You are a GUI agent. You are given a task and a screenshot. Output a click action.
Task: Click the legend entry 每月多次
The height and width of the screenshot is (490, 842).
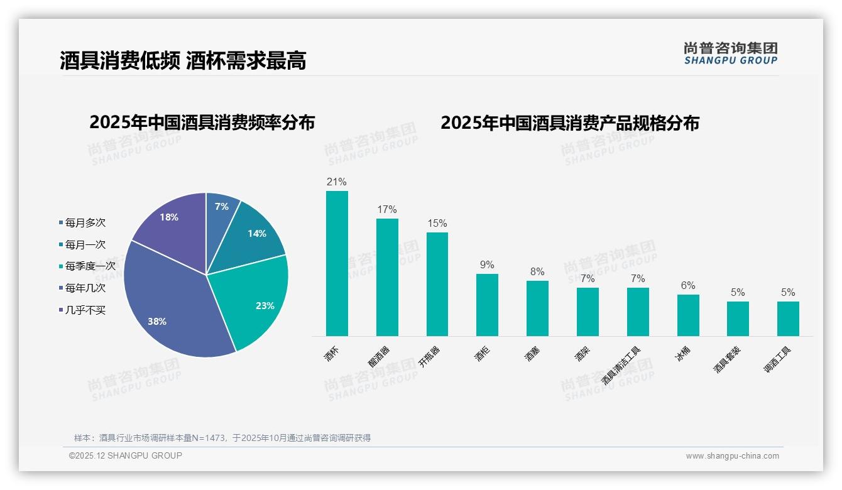pos(85,223)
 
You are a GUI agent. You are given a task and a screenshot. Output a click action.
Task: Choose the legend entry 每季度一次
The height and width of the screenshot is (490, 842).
pos(90,266)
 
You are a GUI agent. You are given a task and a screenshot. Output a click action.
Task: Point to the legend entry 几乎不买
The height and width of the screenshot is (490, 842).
pos(85,310)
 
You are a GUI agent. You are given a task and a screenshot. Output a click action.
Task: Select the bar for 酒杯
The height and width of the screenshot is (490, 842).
pos(337,264)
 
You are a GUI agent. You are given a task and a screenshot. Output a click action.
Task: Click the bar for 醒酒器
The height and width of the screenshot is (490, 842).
pos(387,277)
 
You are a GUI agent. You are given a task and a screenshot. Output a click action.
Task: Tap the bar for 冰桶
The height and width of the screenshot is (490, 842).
pos(688,315)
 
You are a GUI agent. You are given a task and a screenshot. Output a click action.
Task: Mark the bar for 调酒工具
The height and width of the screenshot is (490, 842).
pos(788,318)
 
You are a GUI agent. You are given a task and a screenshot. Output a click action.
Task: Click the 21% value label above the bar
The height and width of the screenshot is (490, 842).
pos(337,182)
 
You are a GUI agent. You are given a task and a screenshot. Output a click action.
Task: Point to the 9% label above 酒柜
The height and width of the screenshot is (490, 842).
pos(487,265)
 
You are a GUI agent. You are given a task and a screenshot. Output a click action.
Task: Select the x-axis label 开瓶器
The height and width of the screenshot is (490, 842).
pos(430,357)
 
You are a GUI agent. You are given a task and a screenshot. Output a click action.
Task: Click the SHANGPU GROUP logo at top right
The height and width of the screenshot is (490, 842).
pos(730,53)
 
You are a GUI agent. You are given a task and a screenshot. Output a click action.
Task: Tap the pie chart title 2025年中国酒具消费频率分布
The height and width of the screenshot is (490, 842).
pos(202,122)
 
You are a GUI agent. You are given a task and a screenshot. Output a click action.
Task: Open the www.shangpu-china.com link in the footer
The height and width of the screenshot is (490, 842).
pos(732,456)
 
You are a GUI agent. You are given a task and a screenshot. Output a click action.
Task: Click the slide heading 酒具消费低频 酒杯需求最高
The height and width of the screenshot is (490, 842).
pos(183,61)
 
